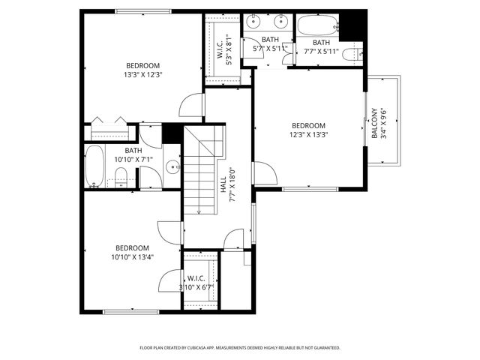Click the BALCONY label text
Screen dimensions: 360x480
[x=373, y=125]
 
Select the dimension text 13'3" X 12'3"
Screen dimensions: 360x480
[x=143, y=74]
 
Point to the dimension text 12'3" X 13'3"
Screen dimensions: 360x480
[x=309, y=135]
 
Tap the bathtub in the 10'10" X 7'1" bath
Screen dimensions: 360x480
[x=94, y=166]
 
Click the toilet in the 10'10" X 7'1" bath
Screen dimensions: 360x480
[x=121, y=177]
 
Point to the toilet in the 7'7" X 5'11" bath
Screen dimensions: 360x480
[x=357, y=54]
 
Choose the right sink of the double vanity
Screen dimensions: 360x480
[x=283, y=22]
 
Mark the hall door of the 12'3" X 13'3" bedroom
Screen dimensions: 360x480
[x=263, y=173]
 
